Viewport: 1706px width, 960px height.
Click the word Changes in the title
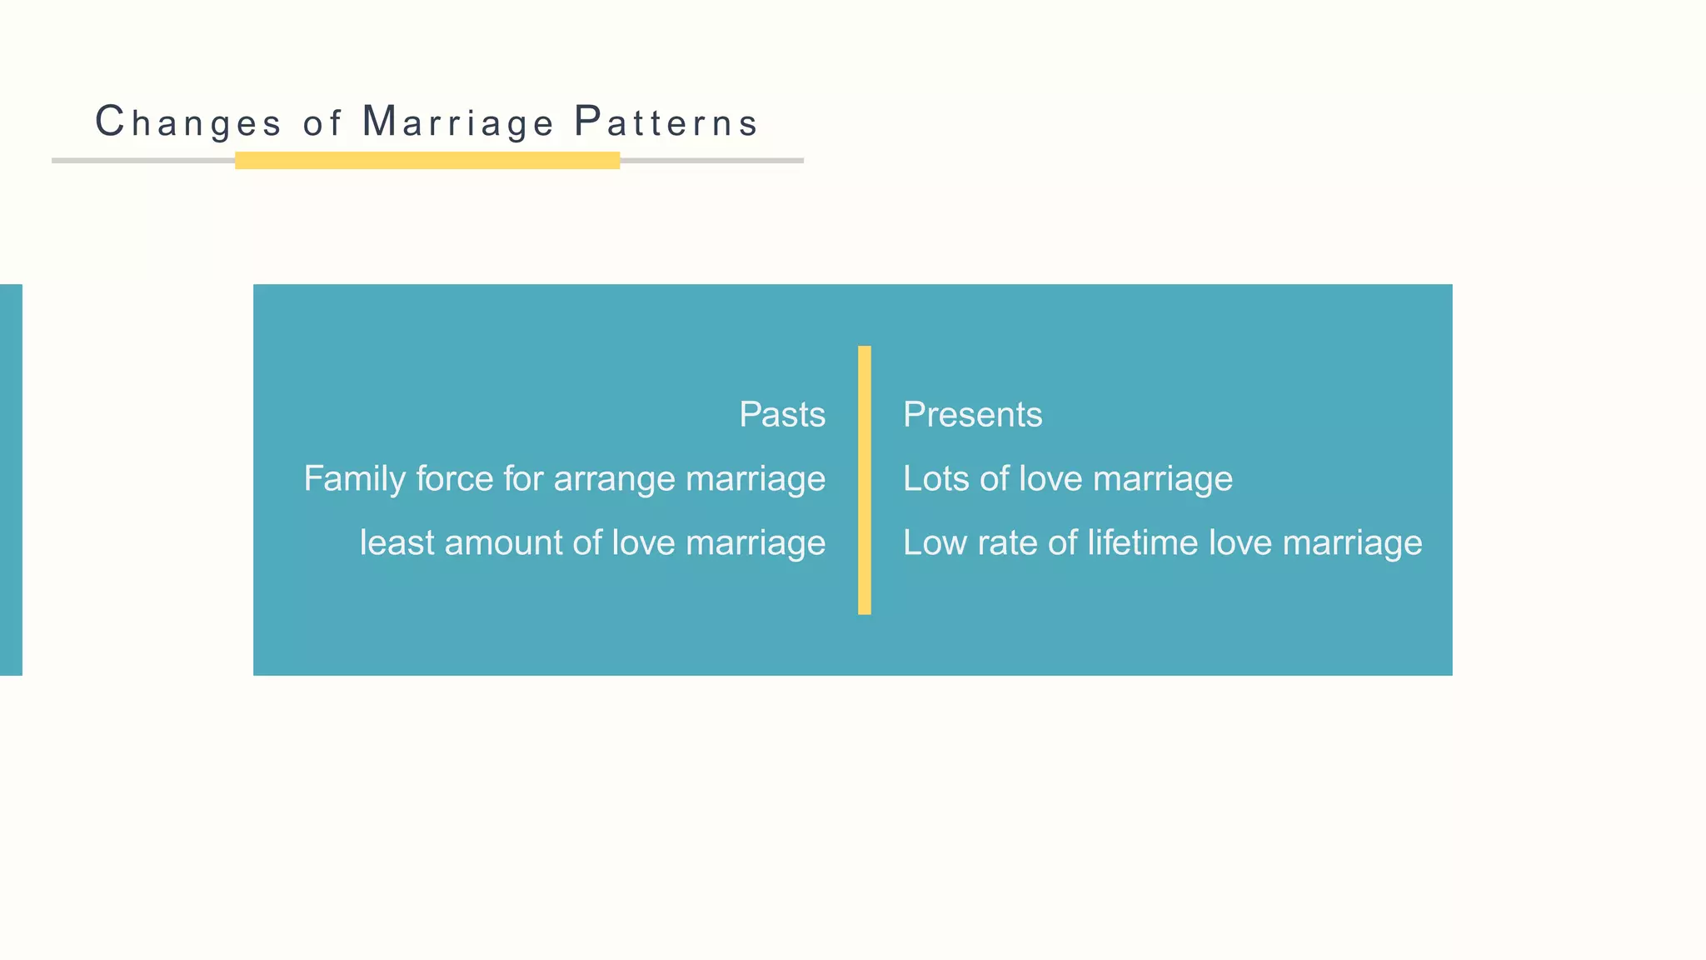(188, 122)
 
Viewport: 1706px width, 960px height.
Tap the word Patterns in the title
(666, 122)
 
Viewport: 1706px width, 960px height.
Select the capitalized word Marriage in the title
(458, 122)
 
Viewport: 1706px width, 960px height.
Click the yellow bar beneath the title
(427, 161)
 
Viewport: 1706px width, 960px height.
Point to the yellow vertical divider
(865, 480)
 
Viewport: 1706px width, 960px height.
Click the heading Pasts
(782, 415)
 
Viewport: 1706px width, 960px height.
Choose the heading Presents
(972, 415)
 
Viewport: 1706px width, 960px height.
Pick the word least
(397, 542)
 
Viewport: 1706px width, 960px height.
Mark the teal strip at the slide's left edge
(11, 480)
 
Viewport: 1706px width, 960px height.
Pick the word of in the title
(322, 123)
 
